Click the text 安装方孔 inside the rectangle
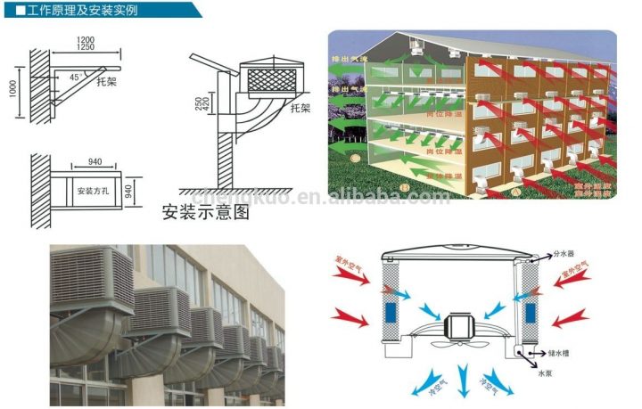pos(91,191)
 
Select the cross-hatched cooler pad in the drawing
pos(273,82)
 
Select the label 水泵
pos(545,375)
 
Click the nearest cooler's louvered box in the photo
pos(94,281)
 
